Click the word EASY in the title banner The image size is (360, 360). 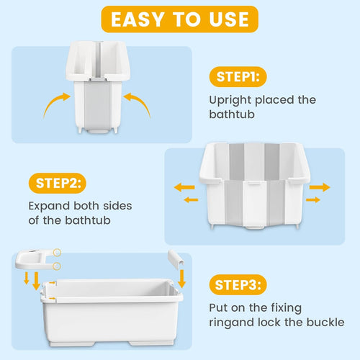click(x=141, y=19)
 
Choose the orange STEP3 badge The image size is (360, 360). click(x=237, y=285)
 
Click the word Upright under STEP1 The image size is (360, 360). click(x=230, y=100)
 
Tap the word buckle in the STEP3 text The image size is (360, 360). click(x=325, y=323)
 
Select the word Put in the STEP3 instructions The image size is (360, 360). click(x=219, y=307)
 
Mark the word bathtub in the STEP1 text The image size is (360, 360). click(x=231, y=115)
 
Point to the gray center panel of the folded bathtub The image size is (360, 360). click(x=100, y=101)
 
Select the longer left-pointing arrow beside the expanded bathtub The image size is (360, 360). click(x=184, y=187)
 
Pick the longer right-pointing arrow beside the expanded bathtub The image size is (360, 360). click(x=319, y=187)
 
